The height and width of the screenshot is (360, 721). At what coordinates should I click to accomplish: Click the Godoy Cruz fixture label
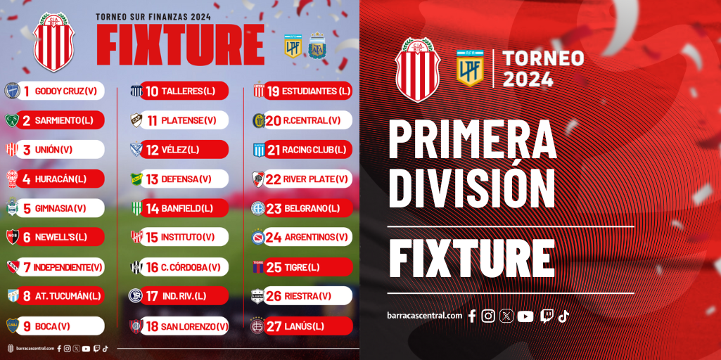pos(60,91)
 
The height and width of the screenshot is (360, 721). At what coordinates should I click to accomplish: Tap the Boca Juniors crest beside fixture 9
pos(13,326)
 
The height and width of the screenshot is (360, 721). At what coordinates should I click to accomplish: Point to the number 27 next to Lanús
pos(274,326)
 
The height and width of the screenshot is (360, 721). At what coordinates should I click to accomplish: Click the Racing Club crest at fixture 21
pos(259,150)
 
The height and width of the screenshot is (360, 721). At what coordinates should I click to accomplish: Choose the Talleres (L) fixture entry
pos(184,91)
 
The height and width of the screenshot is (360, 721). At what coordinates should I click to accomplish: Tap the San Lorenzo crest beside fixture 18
pos(136,326)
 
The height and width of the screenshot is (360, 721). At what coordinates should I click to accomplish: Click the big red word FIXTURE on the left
pos(180,44)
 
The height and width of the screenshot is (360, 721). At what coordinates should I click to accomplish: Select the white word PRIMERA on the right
pos(472,139)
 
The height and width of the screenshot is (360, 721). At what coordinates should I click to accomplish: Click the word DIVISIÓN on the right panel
pos(472,188)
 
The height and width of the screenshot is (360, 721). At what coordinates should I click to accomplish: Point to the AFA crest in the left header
pos(317,46)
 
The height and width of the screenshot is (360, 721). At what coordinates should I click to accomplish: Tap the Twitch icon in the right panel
pos(547,316)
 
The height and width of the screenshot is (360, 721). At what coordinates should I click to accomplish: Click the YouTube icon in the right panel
pos(525,316)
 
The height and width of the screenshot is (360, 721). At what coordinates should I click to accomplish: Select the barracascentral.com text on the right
pos(424,316)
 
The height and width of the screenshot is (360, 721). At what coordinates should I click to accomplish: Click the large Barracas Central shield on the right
pos(418,70)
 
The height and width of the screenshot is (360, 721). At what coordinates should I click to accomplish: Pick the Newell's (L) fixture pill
pos(60,237)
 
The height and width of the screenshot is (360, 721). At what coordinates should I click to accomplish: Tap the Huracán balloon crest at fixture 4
pos(13,179)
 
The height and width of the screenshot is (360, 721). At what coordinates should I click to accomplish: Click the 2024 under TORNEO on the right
pos(528,79)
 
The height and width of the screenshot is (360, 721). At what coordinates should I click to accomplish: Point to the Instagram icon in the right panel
pos(488,316)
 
